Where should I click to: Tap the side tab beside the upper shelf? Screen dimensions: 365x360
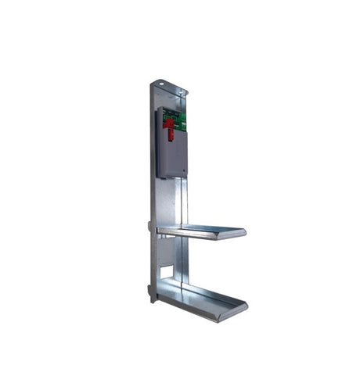pyautogui.click(x=149, y=226)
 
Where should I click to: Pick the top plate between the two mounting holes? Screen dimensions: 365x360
pyautogui.click(x=171, y=87)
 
